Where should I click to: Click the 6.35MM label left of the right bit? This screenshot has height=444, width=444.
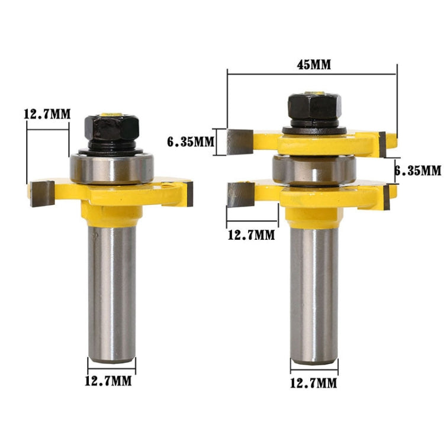coord(190,142)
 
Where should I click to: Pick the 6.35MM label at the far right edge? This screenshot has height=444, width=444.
coord(419,170)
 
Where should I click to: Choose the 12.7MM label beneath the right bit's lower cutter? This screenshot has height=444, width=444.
coord(251,234)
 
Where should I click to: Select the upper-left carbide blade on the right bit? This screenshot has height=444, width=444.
coord(240,141)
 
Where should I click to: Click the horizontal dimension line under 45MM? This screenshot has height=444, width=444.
coord(311,74)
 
